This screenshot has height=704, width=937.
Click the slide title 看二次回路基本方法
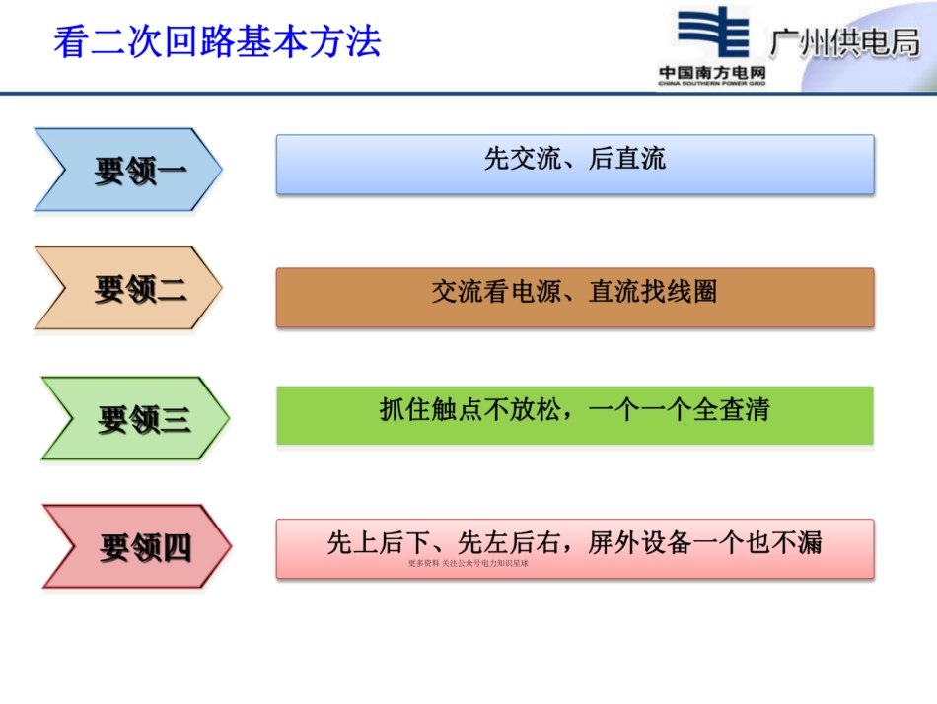pos(216,41)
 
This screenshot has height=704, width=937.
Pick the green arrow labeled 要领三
pos(134,419)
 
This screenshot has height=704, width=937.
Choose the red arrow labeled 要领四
pos(136,547)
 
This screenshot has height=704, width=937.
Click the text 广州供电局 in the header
pos(844,44)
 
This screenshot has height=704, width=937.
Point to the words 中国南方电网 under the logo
pos(713,72)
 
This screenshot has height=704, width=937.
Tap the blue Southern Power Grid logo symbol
pos(713,33)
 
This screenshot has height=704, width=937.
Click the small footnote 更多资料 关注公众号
pos(468,564)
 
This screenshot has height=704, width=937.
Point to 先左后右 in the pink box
pos(510,542)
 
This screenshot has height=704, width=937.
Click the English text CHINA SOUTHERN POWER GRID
pos(713,85)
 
